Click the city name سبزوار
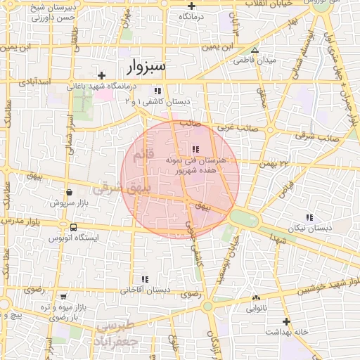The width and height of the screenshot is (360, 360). click(x=146, y=66)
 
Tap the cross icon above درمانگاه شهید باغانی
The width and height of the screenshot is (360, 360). click(x=102, y=75)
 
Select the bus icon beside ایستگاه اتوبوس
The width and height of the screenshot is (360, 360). click(x=73, y=227)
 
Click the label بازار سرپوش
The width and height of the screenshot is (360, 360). click(x=68, y=202)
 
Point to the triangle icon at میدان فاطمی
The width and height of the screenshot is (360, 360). click(x=255, y=51)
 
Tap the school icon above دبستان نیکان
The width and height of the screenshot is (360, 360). click(x=309, y=217)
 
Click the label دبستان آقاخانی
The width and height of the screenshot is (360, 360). click(x=146, y=289)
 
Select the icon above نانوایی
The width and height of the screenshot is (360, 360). click(x=255, y=298)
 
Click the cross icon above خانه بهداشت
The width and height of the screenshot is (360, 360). click(x=285, y=321)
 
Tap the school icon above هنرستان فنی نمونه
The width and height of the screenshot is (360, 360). click(x=195, y=149)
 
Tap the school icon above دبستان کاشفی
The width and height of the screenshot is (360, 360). click(x=157, y=91)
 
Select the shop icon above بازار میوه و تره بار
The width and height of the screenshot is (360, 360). click(x=64, y=297)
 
